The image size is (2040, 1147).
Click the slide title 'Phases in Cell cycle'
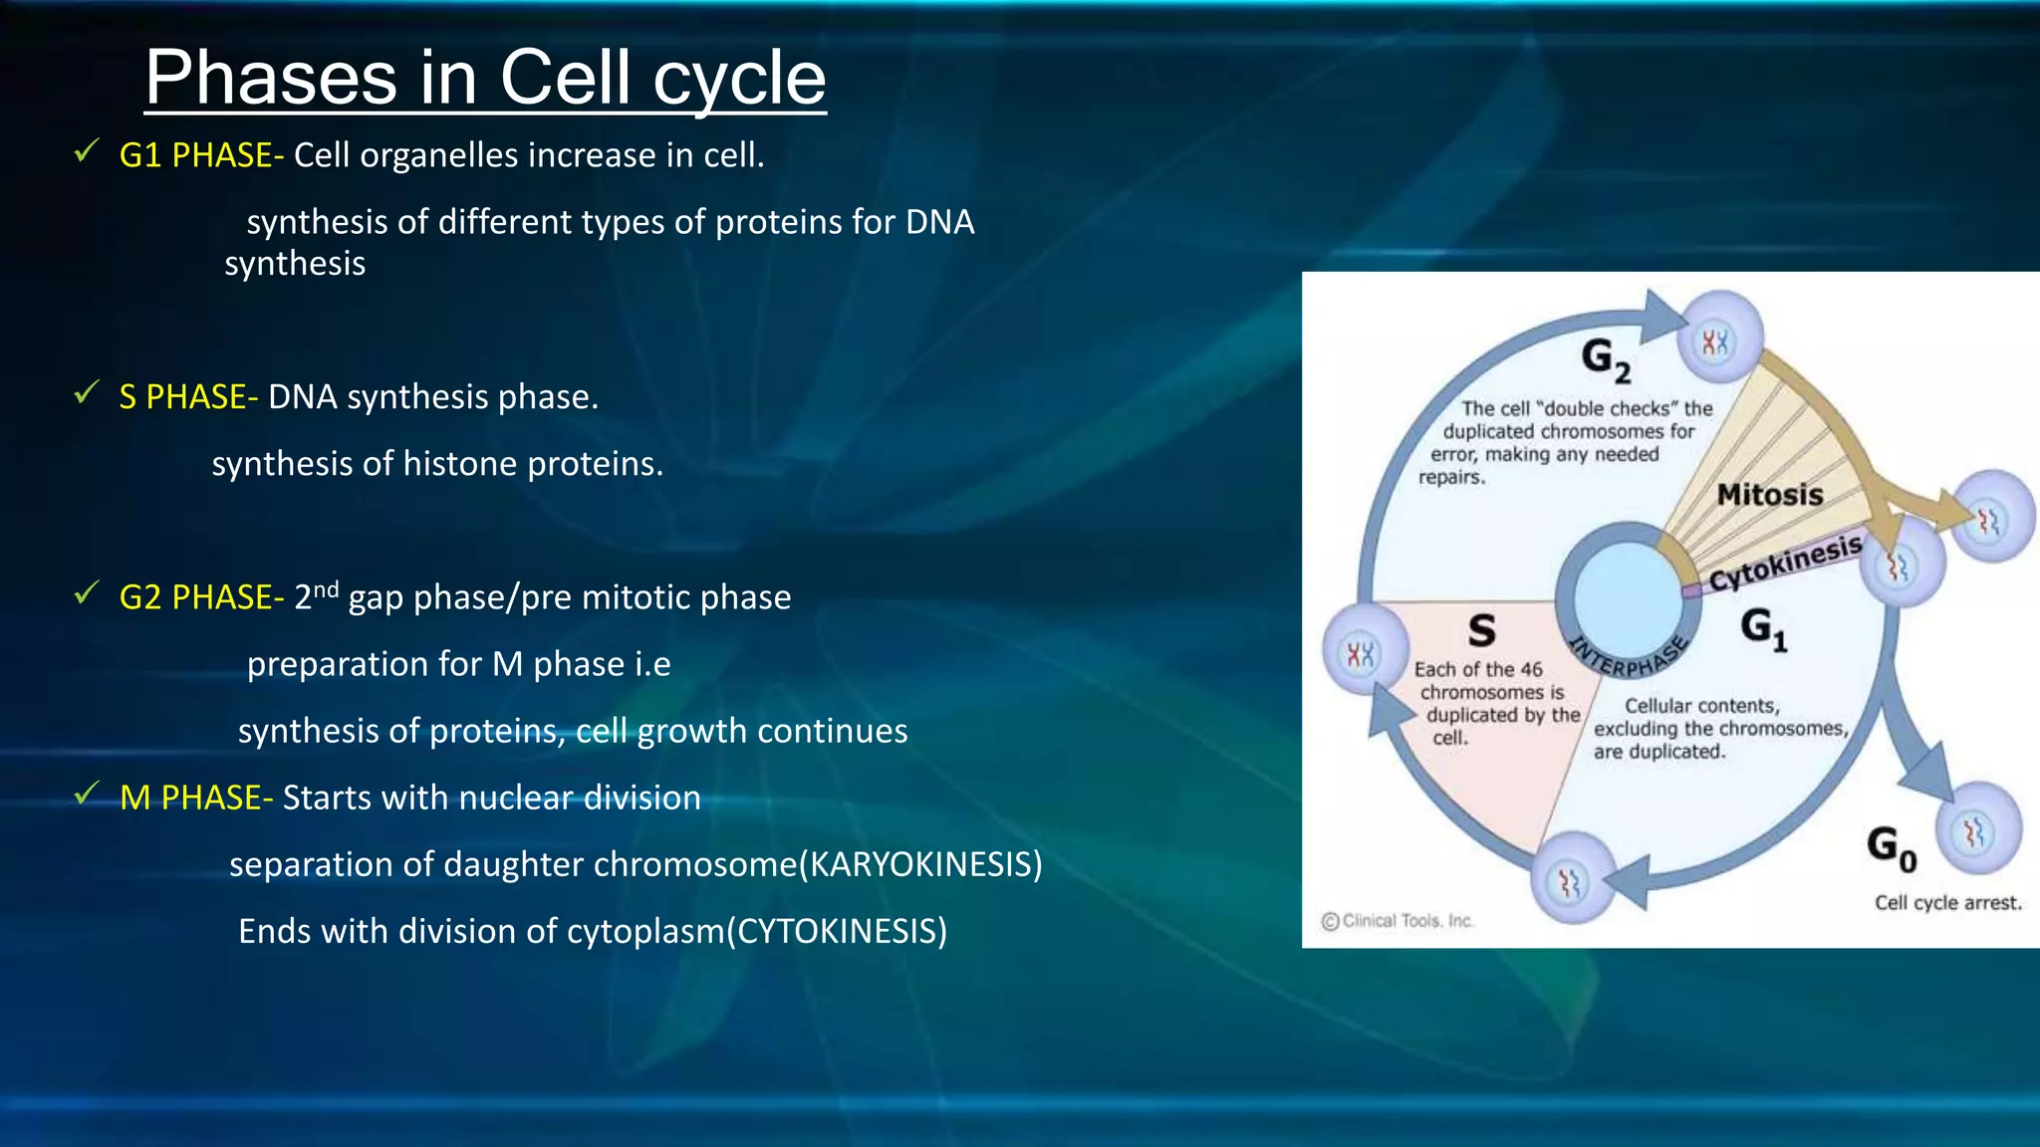(x=485, y=78)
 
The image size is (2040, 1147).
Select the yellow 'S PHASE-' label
(x=188, y=397)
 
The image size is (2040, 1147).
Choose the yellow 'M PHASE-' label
(x=195, y=798)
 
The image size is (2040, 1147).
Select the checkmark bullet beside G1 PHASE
(x=87, y=151)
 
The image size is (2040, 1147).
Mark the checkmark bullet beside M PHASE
(x=87, y=794)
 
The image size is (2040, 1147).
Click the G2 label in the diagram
(x=1606, y=358)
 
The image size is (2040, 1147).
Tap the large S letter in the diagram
(x=1481, y=630)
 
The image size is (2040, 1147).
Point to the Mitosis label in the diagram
(x=1769, y=495)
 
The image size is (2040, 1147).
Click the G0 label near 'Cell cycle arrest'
(x=1891, y=847)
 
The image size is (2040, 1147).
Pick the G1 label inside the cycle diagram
(x=1763, y=629)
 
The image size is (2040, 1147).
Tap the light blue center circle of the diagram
(x=1629, y=596)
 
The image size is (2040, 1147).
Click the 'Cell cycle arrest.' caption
(x=1947, y=903)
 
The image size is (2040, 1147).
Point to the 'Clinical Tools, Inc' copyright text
(x=1398, y=921)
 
